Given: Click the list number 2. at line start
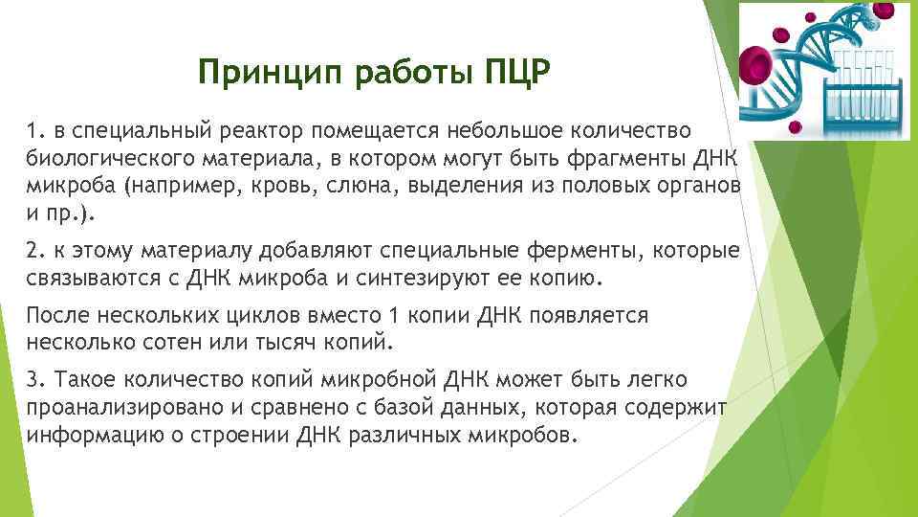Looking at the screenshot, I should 36,251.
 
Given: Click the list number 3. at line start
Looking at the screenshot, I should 36,379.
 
